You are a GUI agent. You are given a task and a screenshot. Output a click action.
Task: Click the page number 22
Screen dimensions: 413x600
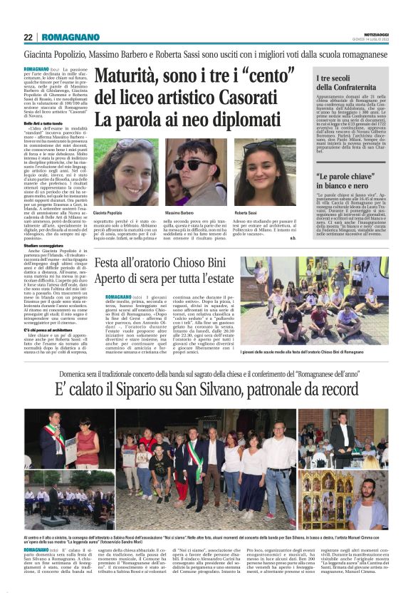point(28,37)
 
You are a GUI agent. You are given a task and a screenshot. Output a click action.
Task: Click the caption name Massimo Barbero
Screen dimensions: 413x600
point(182,213)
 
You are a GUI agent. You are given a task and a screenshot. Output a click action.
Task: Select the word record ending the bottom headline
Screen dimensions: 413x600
point(343,390)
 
